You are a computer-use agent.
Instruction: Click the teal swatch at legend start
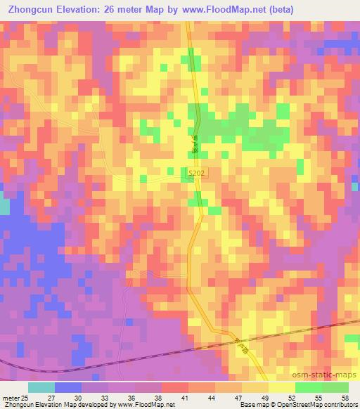point(41,387)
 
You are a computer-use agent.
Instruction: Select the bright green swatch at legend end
point(335,387)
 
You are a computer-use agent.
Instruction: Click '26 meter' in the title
point(140,9)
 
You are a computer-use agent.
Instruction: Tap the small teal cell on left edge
point(4,207)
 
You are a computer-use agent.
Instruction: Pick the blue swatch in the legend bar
point(68,387)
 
